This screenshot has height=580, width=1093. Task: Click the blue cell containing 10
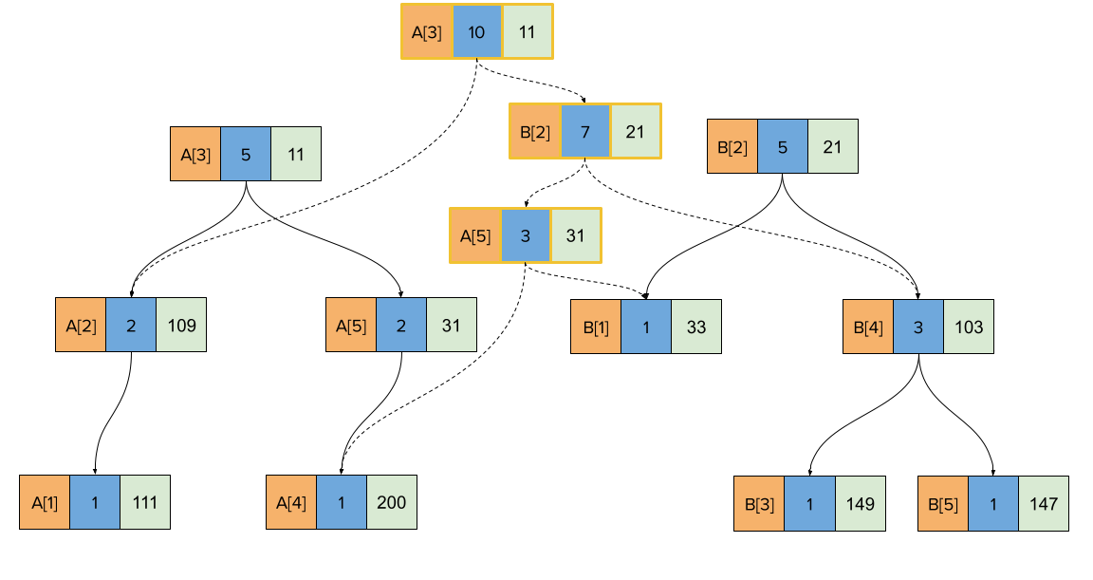coord(476,32)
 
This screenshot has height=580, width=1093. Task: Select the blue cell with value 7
coord(585,132)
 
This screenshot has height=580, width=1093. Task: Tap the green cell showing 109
coord(180,326)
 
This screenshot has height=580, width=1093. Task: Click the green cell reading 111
coord(145,502)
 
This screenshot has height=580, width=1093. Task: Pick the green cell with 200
coord(391,502)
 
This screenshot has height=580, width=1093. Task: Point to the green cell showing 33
coord(696,327)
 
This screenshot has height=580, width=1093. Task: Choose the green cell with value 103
coord(969,327)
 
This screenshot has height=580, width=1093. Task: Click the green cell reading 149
coord(861,504)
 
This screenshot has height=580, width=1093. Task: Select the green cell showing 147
coord(1044,504)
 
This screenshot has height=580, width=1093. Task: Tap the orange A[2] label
coord(81,326)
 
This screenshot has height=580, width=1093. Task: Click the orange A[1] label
coord(45,502)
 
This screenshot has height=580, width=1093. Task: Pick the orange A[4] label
coord(291,502)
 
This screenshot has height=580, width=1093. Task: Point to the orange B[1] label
coord(596,327)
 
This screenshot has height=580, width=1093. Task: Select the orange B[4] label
coord(868,327)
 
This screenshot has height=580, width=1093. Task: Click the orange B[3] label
coord(759,504)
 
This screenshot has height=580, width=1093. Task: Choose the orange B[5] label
coord(943,504)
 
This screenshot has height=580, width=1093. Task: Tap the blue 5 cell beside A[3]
coord(246,154)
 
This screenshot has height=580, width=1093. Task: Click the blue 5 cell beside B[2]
coord(783,146)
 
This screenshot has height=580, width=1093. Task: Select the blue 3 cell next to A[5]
coord(526,235)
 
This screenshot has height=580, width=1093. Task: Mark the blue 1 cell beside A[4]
coord(342,502)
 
